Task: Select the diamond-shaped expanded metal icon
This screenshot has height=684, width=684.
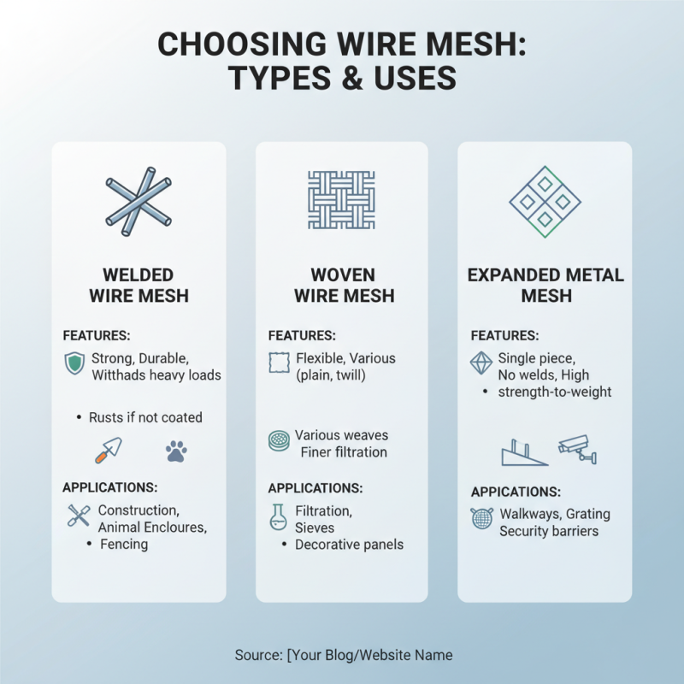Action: tap(545, 202)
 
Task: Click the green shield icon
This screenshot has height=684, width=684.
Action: tap(74, 364)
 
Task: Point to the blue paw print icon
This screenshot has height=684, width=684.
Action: tap(176, 451)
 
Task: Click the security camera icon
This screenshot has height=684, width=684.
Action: tap(577, 448)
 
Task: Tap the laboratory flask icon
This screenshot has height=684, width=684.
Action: tap(278, 517)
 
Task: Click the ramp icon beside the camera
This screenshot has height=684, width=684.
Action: tap(522, 451)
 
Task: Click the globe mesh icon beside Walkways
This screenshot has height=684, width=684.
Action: tap(481, 519)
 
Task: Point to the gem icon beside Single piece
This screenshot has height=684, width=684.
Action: tap(481, 364)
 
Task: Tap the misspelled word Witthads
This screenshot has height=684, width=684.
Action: tap(120, 374)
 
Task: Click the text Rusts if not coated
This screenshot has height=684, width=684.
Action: tap(145, 417)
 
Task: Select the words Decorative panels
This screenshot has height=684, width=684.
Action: tap(349, 544)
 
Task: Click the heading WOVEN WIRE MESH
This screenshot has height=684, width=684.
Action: tap(344, 286)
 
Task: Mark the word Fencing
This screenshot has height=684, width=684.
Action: tap(124, 544)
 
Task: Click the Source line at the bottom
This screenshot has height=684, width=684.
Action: tap(343, 655)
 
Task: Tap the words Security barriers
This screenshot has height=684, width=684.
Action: tap(549, 531)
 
